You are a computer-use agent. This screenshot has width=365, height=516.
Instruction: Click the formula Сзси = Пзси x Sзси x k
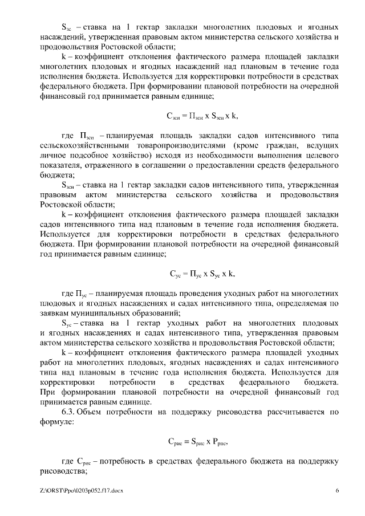pyautogui.click(x=202, y=116)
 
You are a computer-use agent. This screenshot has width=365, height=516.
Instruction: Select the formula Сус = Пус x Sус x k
pyautogui.click(x=202, y=272)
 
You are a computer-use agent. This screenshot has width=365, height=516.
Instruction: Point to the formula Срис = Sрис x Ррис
pyautogui.click(x=202, y=440)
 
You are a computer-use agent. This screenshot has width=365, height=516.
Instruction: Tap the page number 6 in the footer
pyautogui.click(x=337, y=490)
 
